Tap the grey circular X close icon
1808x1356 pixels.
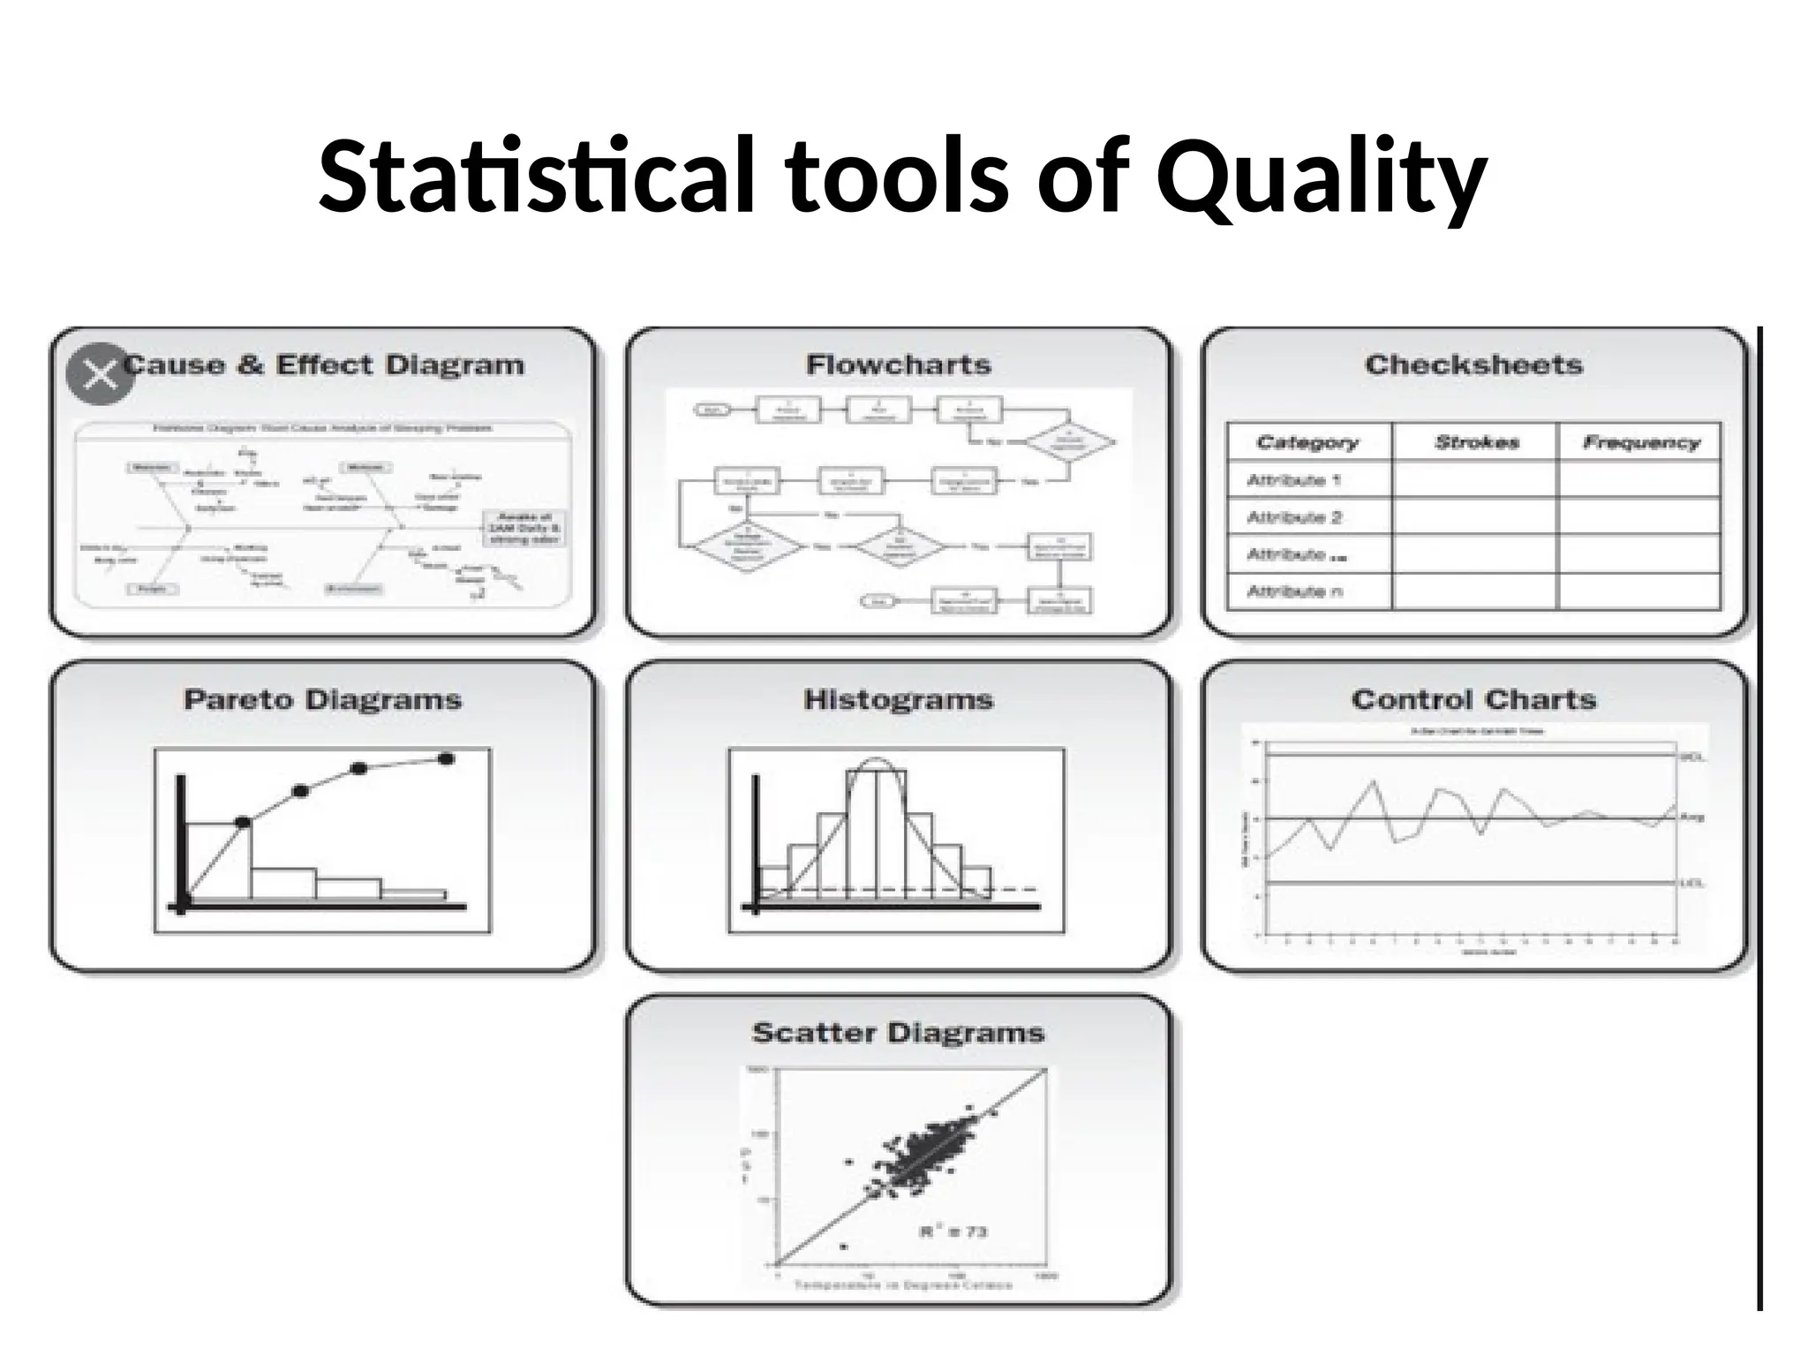click(100, 374)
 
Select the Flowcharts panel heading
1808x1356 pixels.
click(898, 365)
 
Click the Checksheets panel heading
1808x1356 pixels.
click(1473, 365)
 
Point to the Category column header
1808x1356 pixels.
click(1307, 442)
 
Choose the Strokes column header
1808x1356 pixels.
click(1476, 442)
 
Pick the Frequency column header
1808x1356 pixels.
click(1641, 442)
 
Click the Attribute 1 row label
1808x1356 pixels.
click(1293, 480)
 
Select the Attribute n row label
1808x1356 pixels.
click(1294, 591)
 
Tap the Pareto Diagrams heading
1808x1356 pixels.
click(322, 700)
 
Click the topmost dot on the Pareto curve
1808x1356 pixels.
click(446, 758)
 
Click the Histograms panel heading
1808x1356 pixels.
click(898, 700)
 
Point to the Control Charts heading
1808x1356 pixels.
click(1473, 700)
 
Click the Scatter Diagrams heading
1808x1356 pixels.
click(898, 1033)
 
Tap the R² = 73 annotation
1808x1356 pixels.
click(953, 1232)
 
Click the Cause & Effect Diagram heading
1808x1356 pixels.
click(324, 365)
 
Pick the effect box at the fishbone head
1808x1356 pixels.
click(524, 528)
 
